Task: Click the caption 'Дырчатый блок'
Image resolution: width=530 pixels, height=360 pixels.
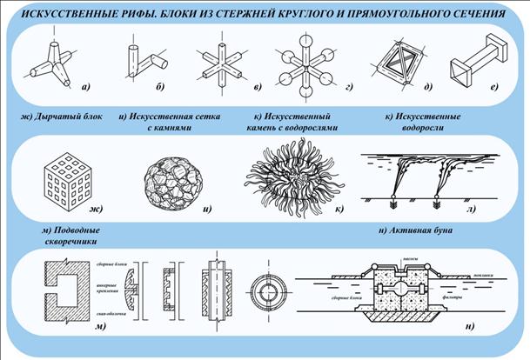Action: coord(56,116)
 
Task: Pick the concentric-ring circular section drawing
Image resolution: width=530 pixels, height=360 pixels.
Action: coord(265,289)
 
